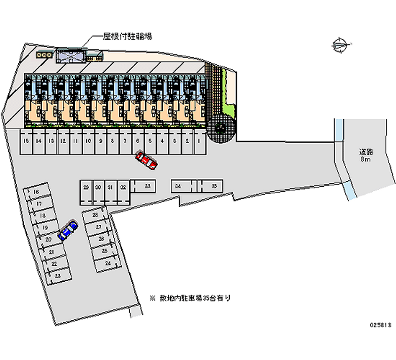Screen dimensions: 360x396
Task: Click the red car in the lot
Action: [x=146, y=160]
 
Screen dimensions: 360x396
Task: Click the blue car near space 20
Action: [x=67, y=230]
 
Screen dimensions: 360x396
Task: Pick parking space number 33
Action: [x=148, y=186]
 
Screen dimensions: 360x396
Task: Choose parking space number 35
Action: [x=213, y=186]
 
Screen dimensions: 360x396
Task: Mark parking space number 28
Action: [x=95, y=216]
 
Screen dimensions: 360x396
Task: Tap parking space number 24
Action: [x=107, y=263]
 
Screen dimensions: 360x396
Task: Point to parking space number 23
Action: [x=57, y=275]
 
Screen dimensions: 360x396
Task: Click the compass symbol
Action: [x=340, y=45]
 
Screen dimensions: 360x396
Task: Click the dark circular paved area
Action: [x=221, y=128]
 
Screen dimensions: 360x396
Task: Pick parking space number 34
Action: [x=178, y=186]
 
